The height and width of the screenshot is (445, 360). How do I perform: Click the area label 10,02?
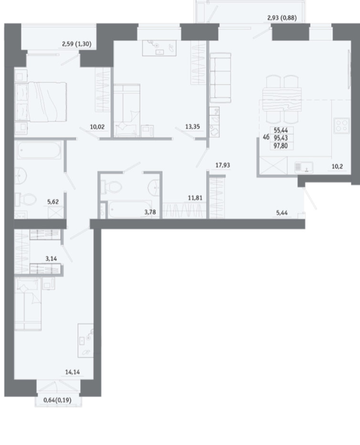pos(97,127)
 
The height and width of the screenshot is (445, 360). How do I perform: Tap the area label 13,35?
pos(192,127)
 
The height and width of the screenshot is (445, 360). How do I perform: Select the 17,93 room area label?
pos(222,165)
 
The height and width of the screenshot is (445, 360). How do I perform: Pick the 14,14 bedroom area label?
pos(73,372)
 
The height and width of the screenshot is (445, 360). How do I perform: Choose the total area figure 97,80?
pos(281,146)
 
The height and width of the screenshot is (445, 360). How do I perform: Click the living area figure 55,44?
pos(281,130)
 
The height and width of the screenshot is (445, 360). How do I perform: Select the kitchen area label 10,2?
pos(337,166)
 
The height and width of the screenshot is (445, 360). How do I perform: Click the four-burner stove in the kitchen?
pos(341,126)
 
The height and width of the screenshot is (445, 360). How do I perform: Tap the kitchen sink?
pos(304,168)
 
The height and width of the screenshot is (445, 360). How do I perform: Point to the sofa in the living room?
pos(221,77)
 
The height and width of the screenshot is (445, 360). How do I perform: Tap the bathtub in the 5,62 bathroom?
pos(39,149)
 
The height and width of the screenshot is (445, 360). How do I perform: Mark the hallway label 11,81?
pos(195,198)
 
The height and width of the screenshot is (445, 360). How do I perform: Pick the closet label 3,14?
pos(51,258)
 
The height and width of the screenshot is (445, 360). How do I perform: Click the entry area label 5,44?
pos(282,212)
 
